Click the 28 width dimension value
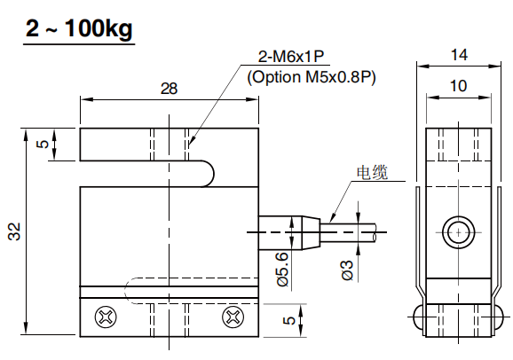(x=169, y=88)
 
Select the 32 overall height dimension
(x=14, y=232)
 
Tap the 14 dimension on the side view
(x=458, y=54)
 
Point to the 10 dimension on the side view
(x=458, y=85)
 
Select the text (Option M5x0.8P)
(x=312, y=77)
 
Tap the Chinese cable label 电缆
(x=372, y=172)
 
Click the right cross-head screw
(x=233, y=315)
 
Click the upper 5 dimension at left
(x=42, y=145)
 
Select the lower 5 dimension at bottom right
(x=288, y=320)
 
